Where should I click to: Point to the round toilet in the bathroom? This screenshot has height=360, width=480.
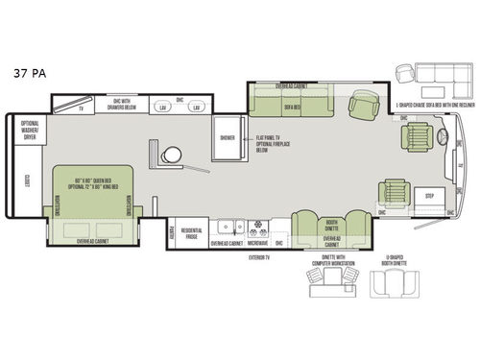coord(171,154)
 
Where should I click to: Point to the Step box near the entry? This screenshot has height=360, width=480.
coord(429,195)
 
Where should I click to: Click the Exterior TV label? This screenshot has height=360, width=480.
coord(256,257)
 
